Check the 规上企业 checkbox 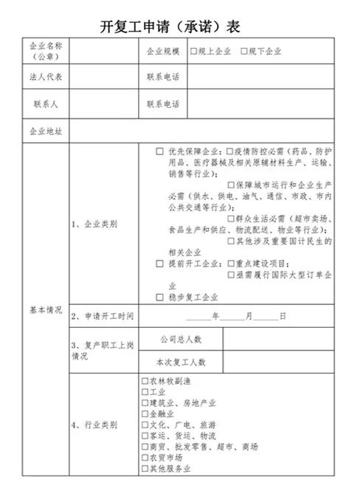pos(193,52)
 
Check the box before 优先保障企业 pos(159,151)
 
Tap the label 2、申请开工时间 pos(103,316)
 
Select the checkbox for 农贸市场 pos(145,458)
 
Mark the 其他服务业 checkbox pos(145,469)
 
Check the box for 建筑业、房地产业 pos(145,403)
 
